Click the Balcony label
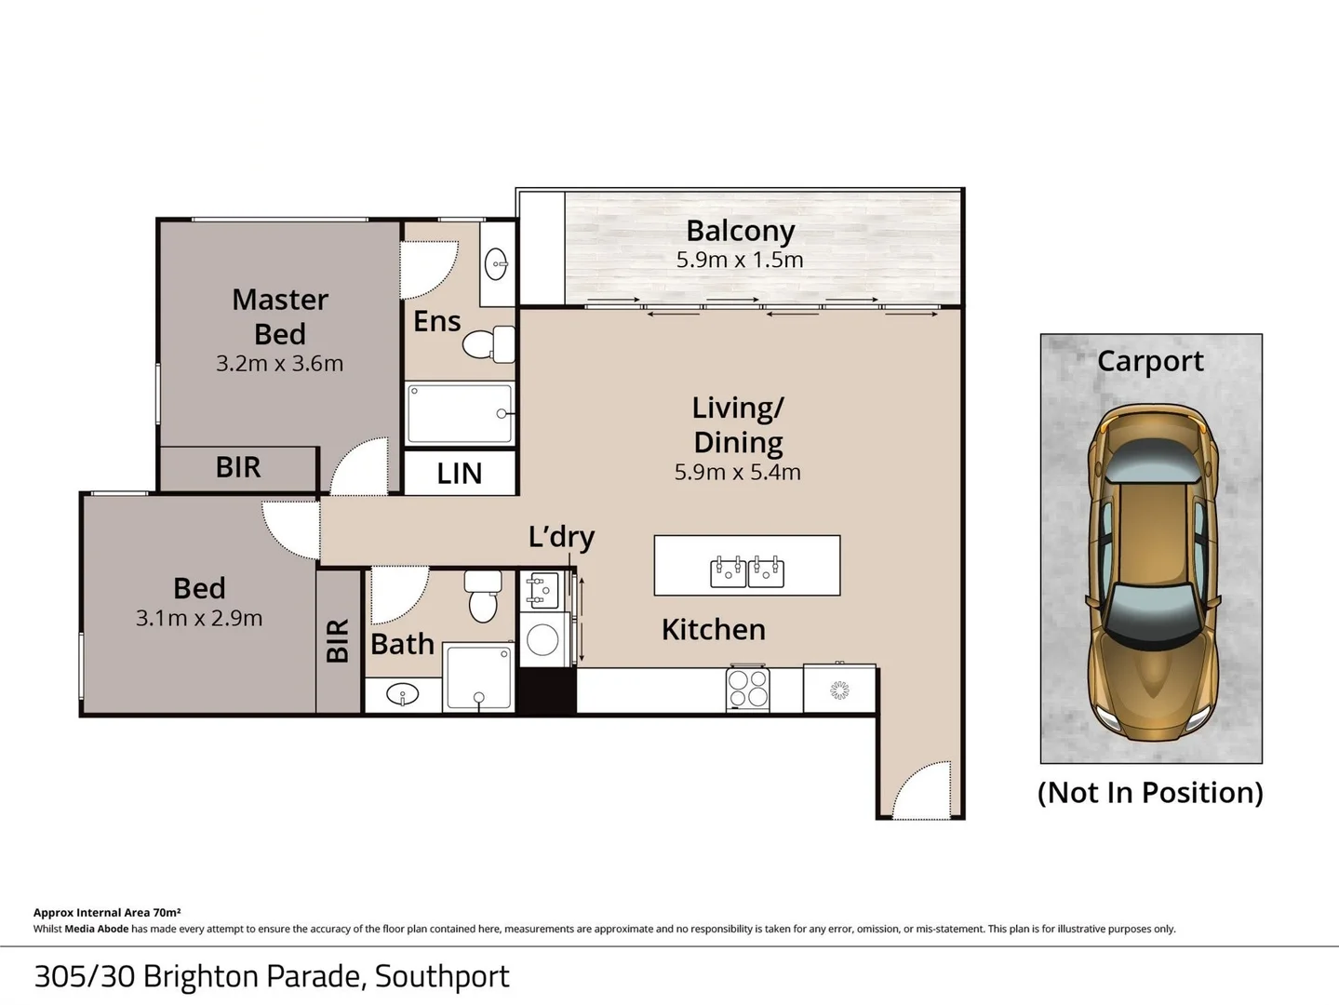pyautogui.click(x=740, y=231)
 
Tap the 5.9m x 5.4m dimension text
pyautogui.click(x=737, y=472)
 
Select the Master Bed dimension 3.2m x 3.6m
pyautogui.click(x=279, y=364)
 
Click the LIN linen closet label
pyautogui.click(x=460, y=474)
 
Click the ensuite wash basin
pyautogui.click(x=497, y=264)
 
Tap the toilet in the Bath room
pyautogui.click(x=483, y=596)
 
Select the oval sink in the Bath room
pyautogui.click(x=402, y=694)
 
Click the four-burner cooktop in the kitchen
pyautogui.click(x=748, y=690)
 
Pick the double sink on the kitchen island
pyautogui.click(x=747, y=570)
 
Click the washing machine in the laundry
pyautogui.click(x=542, y=639)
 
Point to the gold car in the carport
pyautogui.click(x=1151, y=571)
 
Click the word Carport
pyautogui.click(x=1150, y=361)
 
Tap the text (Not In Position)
pyautogui.click(x=1150, y=793)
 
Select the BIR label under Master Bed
pyautogui.click(x=238, y=467)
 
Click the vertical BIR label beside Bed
pyautogui.click(x=338, y=640)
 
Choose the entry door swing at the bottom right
pyautogui.click(x=921, y=791)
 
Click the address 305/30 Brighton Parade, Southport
pyautogui.click(x=272, y=976)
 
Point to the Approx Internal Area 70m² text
pyautogui.click(x=107, y=913)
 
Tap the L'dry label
pyautogui.click(x=561, y=537)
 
